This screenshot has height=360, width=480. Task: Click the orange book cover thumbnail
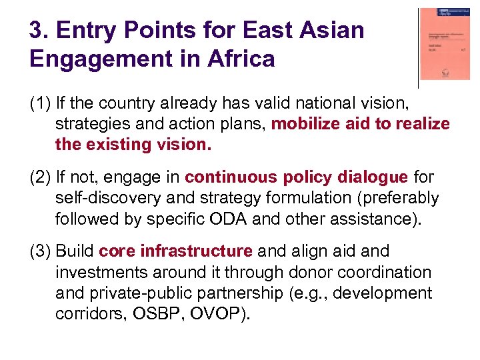click(445, 45)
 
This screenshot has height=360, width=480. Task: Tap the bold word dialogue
click(373, 177)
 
